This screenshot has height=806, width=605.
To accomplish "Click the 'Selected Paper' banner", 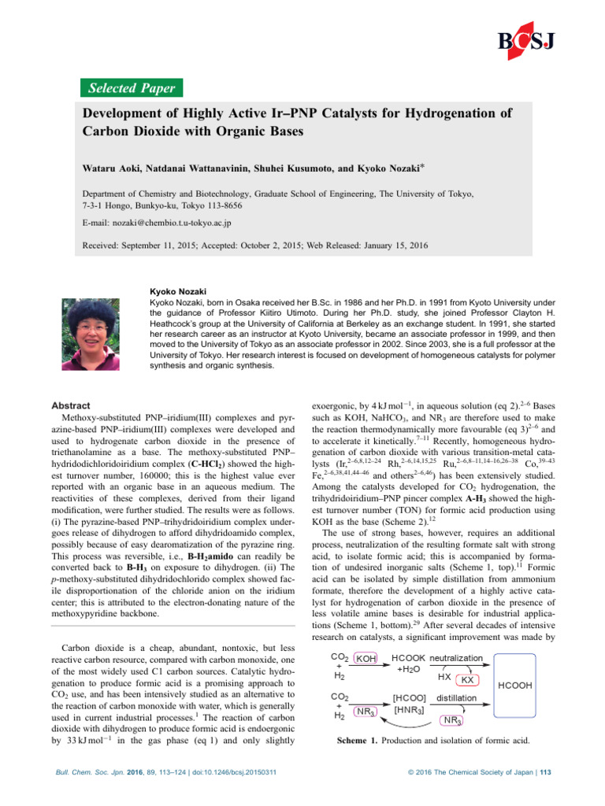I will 131,87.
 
